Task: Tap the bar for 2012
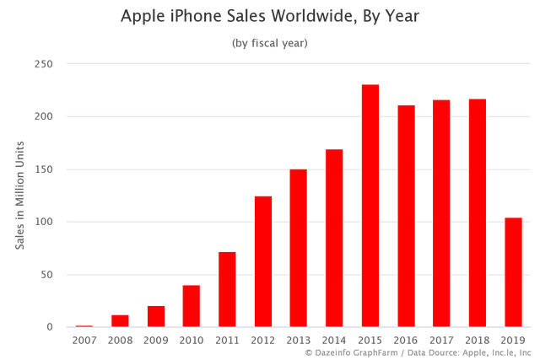coord(263,261)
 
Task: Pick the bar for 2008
coord(120,320)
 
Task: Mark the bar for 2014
coord(334,237)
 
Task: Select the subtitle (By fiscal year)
coord(270,43)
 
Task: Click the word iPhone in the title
coord(196,16)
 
